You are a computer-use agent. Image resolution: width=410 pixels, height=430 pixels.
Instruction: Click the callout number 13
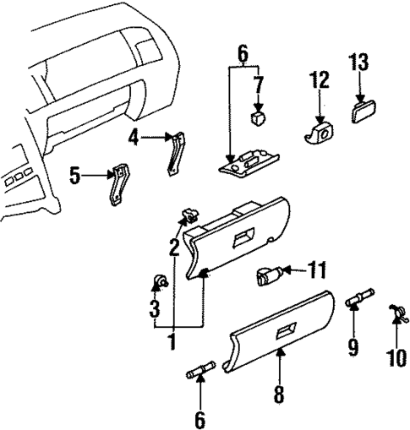[358, 62]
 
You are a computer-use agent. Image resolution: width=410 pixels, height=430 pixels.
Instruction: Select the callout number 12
[320, 80]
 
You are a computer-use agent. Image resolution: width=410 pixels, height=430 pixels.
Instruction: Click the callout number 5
[75, 176]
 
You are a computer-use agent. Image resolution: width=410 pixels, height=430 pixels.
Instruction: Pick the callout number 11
[315, 271]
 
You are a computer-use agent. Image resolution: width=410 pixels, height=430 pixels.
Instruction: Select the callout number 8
[278, 394]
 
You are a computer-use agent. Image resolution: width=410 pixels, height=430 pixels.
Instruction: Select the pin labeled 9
[358, 299]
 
